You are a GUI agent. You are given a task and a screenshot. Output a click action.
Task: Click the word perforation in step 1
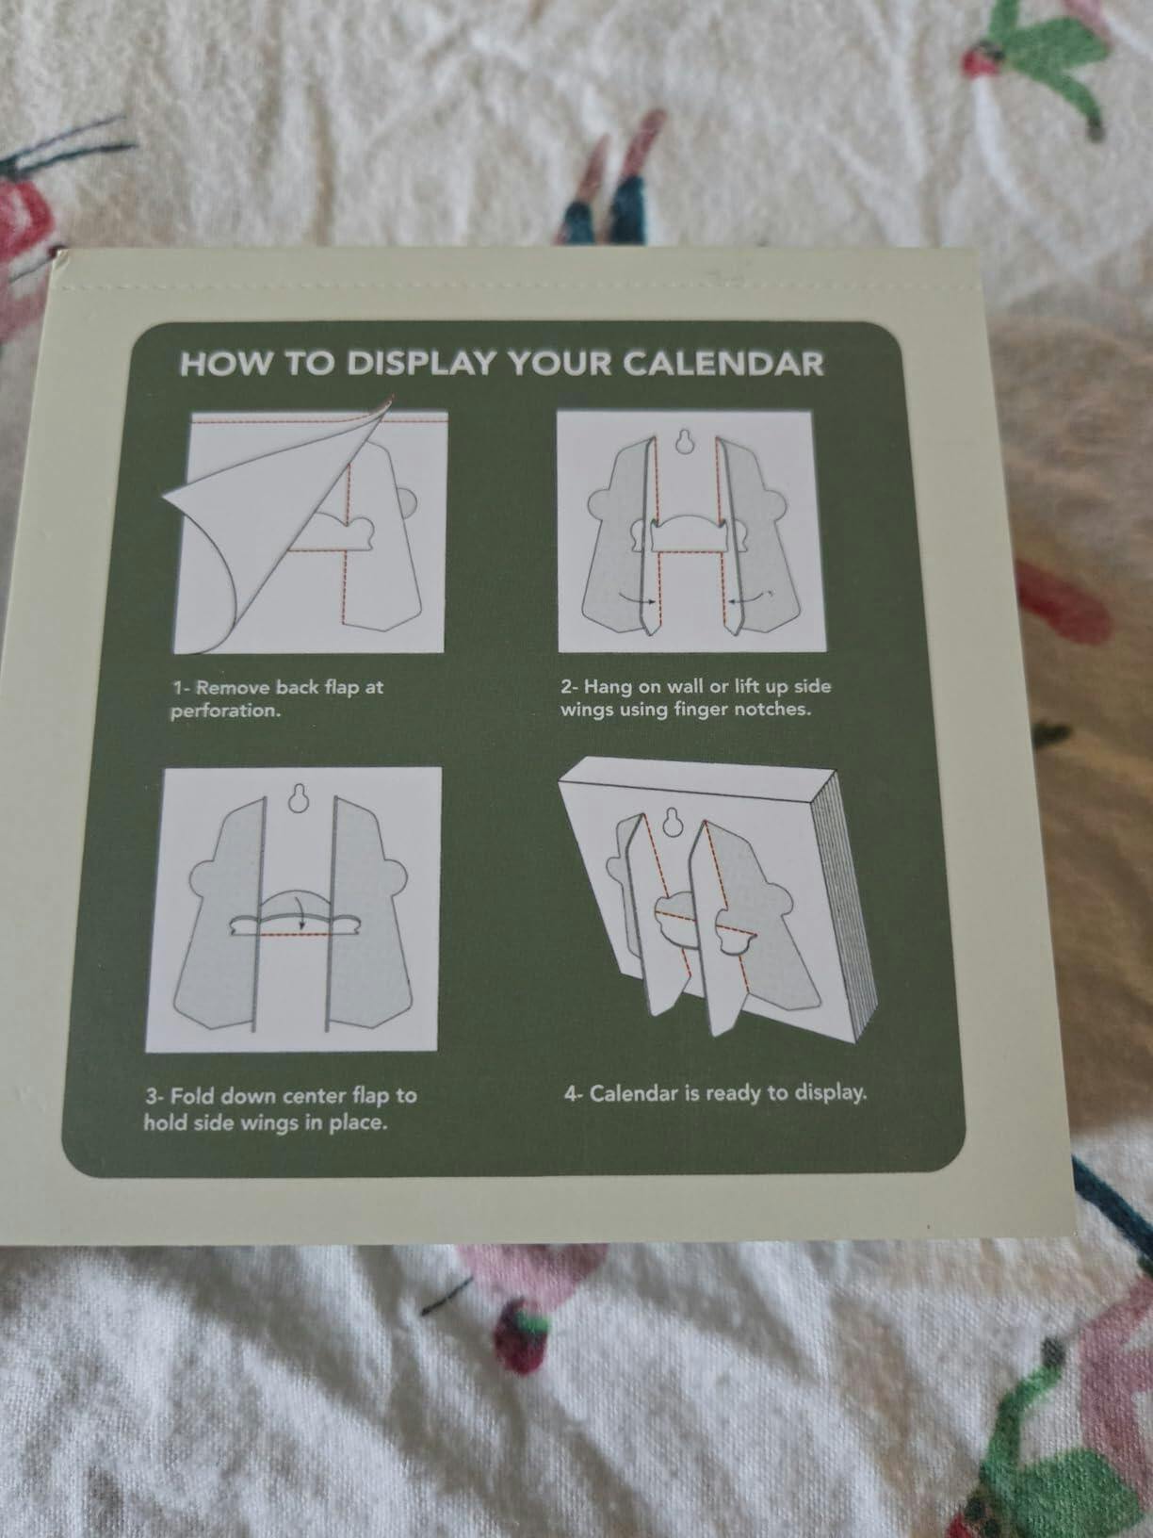click(225, 712)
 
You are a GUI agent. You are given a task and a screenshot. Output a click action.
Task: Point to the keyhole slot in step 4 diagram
click(673, 823)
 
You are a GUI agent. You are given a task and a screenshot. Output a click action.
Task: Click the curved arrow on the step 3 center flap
click(297, 908)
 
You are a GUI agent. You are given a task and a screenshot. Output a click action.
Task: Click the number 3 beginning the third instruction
click(150, 1095)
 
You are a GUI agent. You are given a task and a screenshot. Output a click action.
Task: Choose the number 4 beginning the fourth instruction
click(569, 1093)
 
